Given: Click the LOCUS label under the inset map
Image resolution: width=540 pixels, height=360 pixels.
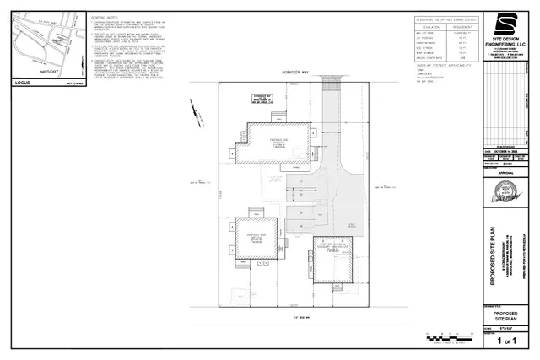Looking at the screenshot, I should pos(24,83).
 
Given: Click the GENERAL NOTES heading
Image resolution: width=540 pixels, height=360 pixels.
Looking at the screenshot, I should pos(107,16).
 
